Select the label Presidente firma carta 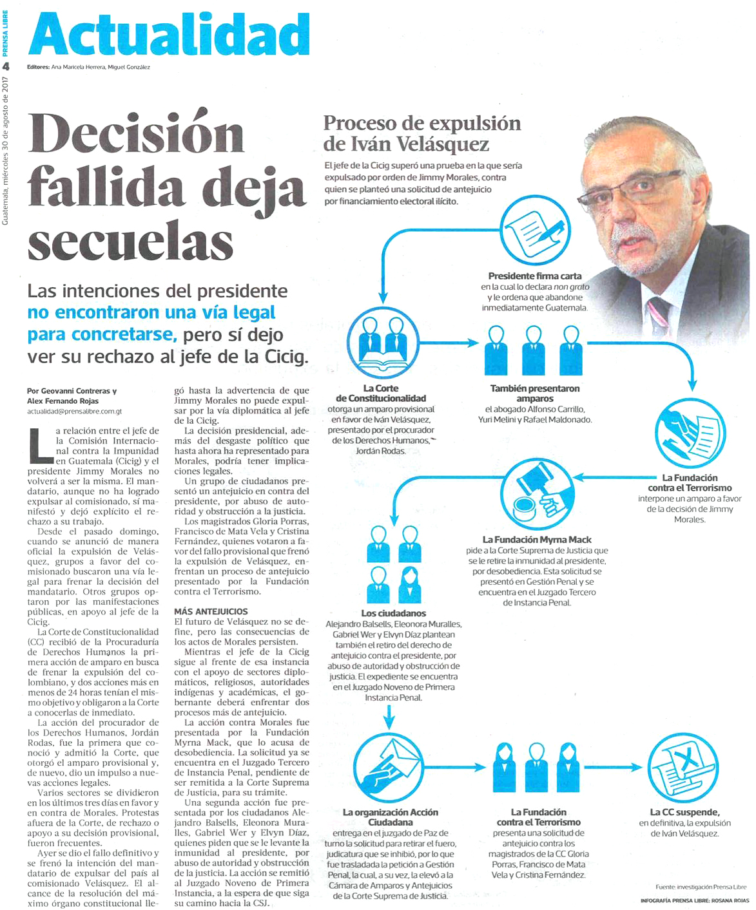pos(534,276)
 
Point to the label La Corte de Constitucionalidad pos(381,393)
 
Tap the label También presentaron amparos pos(535,393)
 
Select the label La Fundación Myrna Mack pos(537,540)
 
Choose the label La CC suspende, pos(684,812)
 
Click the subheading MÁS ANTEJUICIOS pos(211,611)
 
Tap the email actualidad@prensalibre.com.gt pos(74,410)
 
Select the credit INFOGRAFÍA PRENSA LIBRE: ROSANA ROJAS pos(695,900)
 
